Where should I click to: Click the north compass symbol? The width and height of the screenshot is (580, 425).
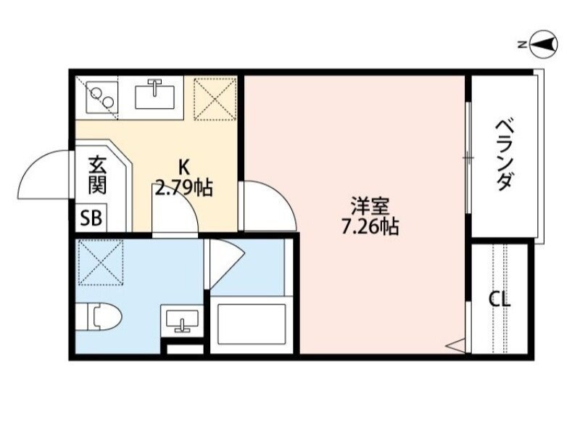[543, 45]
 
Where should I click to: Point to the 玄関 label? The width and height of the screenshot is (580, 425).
[98, 176]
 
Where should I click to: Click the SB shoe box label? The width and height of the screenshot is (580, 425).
[92, 217]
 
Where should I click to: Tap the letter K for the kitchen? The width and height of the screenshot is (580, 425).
[183, 166]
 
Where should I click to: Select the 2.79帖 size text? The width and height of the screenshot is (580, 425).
[183, 189]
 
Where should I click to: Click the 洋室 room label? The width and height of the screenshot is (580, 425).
[368, 205]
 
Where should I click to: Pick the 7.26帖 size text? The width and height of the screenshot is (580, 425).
[368, 227]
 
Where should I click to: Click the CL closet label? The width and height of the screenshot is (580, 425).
[499, 299]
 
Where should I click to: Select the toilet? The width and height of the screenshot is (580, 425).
[99, 316]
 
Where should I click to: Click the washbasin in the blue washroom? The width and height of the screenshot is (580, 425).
[180, 318]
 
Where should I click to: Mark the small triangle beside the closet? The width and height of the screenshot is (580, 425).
[456, 346]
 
